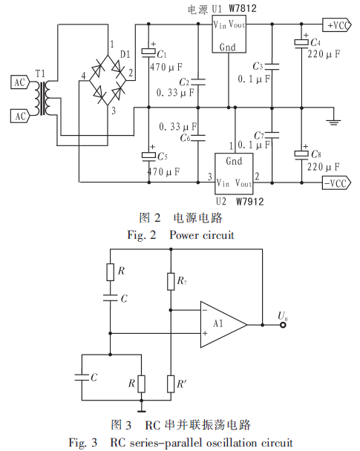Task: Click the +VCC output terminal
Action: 337,25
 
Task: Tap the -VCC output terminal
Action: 337,183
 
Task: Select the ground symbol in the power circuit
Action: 333,122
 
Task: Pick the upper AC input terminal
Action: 20,82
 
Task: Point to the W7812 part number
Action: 243,8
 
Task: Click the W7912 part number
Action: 250,202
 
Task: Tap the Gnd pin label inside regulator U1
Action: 228,47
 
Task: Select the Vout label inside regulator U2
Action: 243,183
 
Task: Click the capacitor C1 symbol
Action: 148,53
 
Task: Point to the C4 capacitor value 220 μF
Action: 324,54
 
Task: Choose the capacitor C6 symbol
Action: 198,138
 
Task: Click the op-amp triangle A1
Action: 223,324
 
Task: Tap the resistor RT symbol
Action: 171,282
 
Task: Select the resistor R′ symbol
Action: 171,383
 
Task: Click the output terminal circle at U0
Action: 283,325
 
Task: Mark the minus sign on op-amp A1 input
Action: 205,310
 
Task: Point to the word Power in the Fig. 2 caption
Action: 183,235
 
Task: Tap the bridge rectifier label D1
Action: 125,54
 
